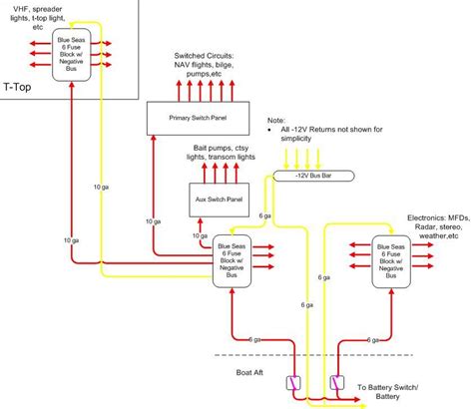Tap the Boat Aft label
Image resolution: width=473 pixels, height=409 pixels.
[236, 373]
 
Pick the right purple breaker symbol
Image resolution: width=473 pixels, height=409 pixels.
[336, 382]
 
